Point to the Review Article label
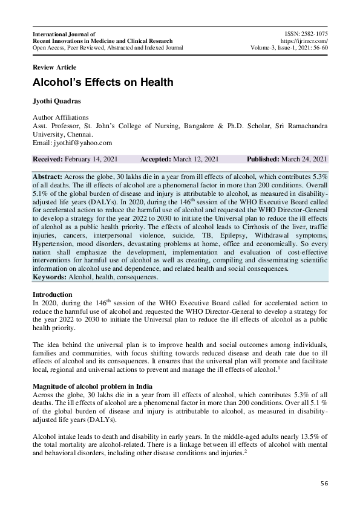[x=54, y=67]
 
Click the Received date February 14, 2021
[x=91, y=159]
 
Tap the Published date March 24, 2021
[x=305, y=159]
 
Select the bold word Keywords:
[x=50, y=277]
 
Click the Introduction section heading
[x=53, y=294]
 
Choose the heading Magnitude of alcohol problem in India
[x=92, y=386]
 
